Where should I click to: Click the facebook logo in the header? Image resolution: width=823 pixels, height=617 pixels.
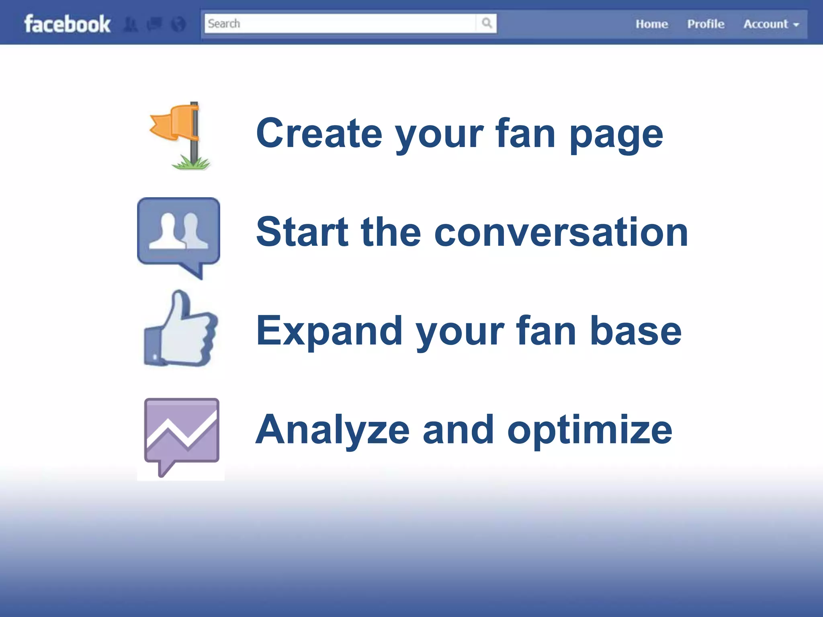click(67, 24)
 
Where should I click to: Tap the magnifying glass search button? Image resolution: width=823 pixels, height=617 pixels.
click(487, 23)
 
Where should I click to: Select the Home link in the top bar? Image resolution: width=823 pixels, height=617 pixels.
click(651, 24)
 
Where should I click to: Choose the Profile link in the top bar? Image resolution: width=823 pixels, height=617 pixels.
click(706, 24)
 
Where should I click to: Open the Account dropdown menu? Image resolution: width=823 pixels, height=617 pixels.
click(771, 24)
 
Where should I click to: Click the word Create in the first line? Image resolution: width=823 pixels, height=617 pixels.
click(319, 133)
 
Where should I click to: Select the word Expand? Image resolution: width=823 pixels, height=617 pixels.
click(329, 332)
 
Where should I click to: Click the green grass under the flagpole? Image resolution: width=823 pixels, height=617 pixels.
click(191, 163)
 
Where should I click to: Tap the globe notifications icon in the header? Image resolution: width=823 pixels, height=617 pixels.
click(178, 25)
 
